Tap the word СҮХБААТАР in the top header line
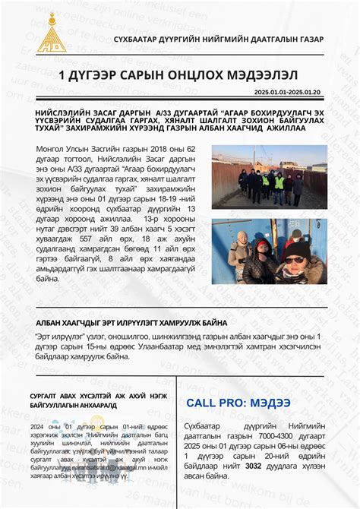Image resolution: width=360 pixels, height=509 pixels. click(x=139, y=39)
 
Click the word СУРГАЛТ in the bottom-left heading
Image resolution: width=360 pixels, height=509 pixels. click(x=48, y=397)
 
